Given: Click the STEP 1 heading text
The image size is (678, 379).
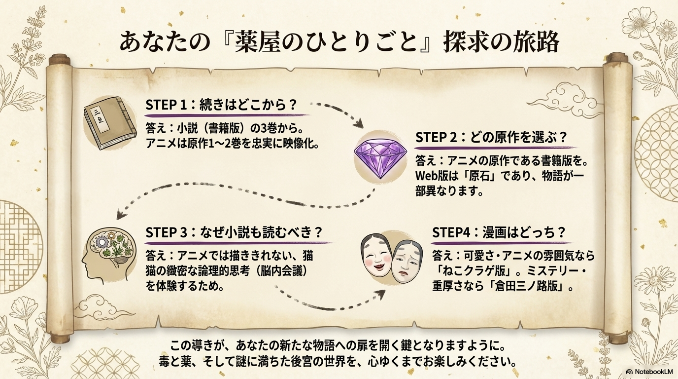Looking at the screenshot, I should click(x=222, y=105).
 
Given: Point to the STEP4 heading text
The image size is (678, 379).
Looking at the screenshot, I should click(x=498, y=232).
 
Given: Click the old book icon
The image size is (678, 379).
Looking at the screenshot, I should click(x=109, y=123).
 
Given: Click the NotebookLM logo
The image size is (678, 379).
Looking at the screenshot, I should click(x=650, y=372).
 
